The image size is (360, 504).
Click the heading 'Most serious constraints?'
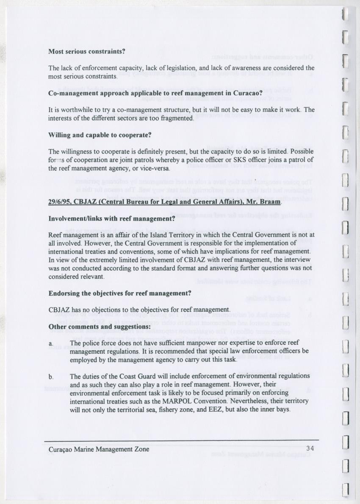point(86,52)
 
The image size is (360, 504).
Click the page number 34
point(310,449)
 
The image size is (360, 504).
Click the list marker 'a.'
point(51,343)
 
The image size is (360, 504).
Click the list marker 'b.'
point(51,377)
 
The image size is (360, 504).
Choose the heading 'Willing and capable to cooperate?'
point(100,136)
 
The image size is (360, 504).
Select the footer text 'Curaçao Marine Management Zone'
point(99,449)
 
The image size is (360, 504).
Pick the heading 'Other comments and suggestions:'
point(100,327)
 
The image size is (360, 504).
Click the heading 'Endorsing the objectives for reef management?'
point(120,293)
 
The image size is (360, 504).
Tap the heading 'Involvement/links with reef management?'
point(112,219)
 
